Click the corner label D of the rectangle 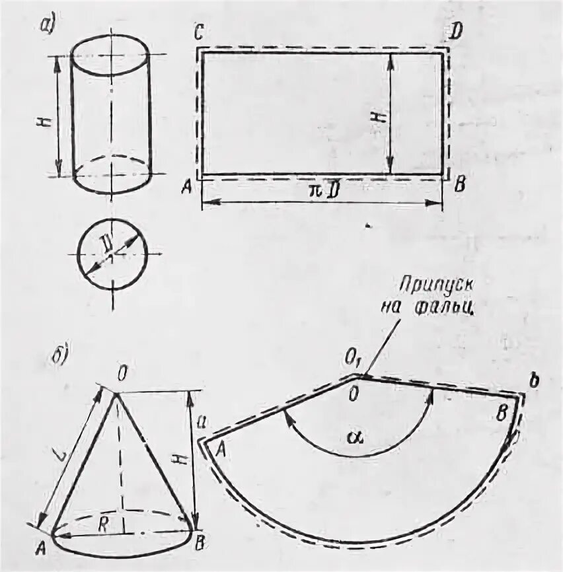pos(455,31)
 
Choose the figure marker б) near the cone pos(58,352)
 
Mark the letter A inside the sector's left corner pos(221,448)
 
